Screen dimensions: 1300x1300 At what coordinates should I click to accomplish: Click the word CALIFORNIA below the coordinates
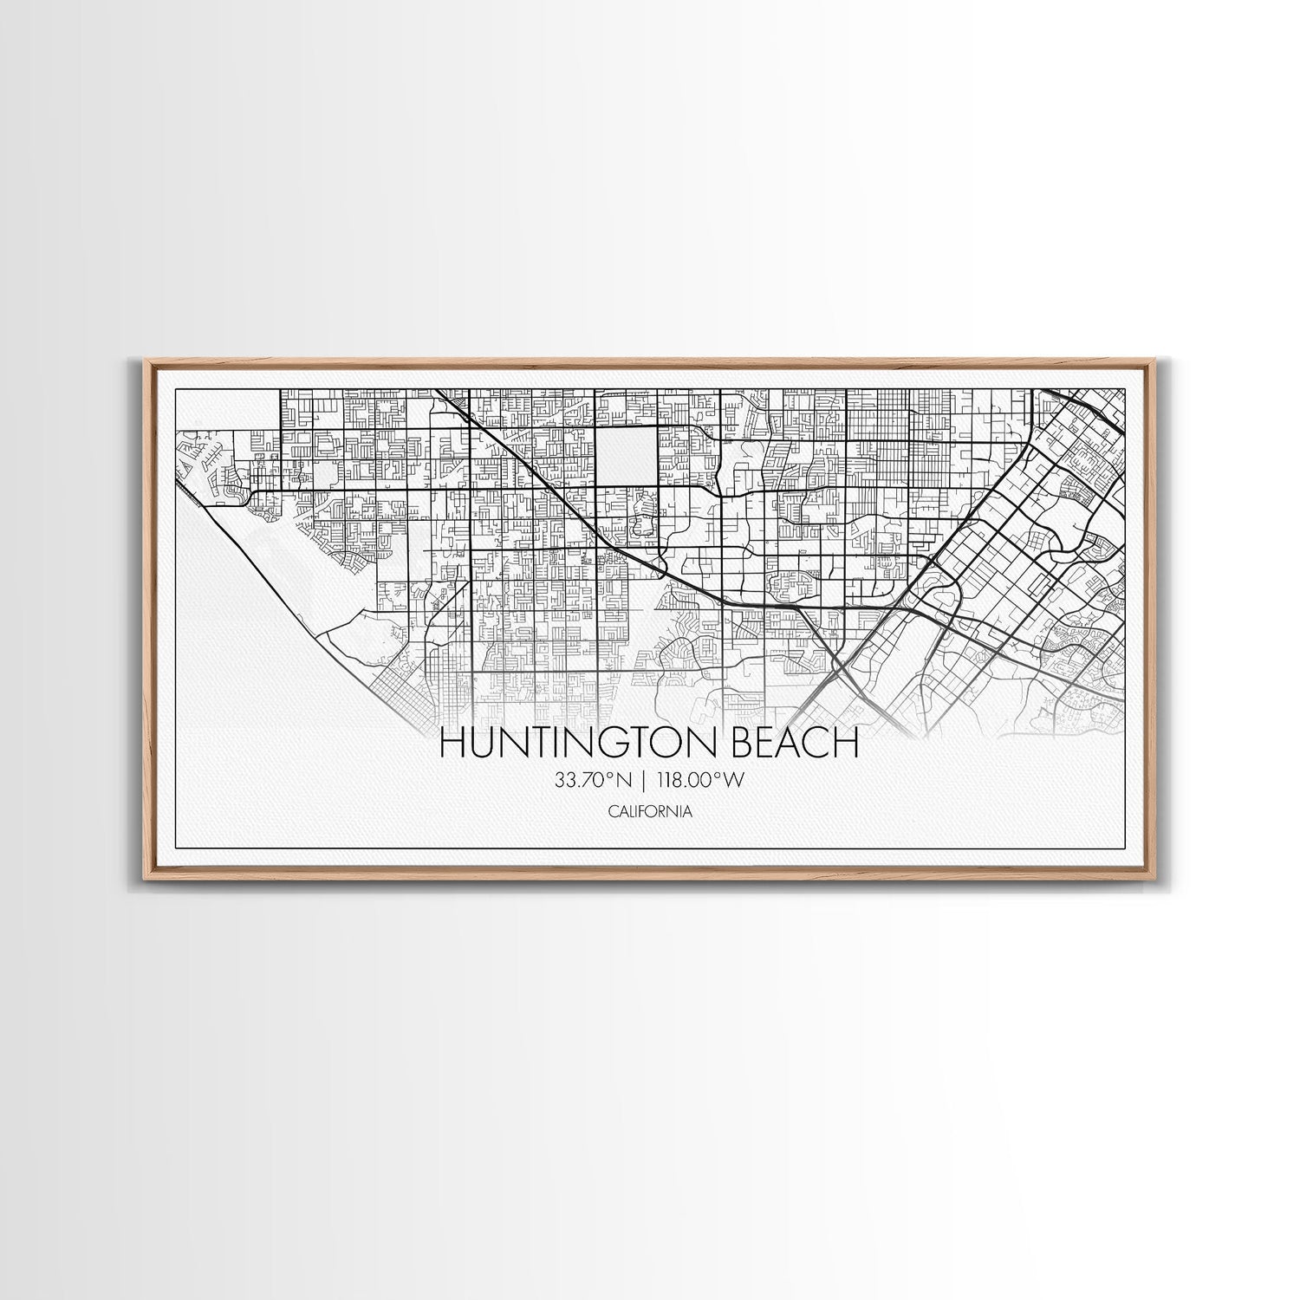click(x=650, y=812)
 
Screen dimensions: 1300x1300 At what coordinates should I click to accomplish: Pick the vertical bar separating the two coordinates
click(x=646, y=781)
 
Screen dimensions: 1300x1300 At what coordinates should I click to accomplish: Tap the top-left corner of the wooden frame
click(x=145, y=359)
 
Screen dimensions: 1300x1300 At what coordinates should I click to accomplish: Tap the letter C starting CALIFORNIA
click(x=612, y=812)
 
